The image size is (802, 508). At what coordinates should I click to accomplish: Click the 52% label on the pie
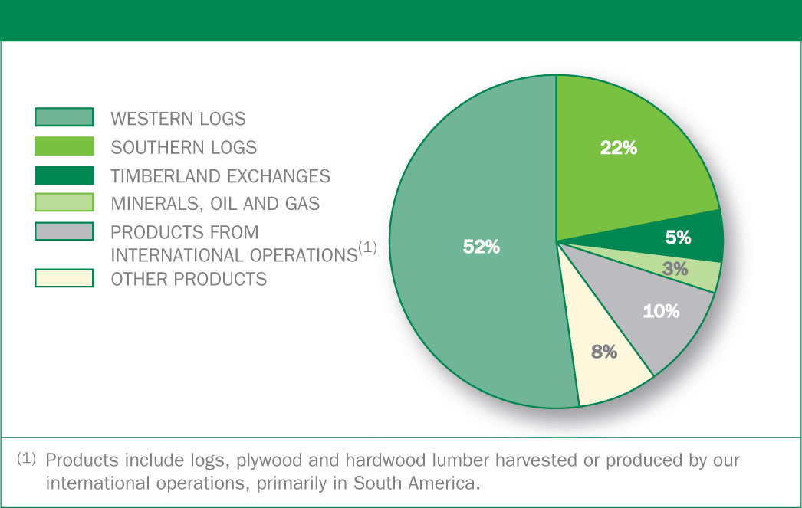[481, 247]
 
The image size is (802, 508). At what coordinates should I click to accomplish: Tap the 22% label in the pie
[619, 148]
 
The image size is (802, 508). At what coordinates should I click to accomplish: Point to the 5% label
[678, 237]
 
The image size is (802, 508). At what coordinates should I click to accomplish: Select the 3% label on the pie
[675, 269]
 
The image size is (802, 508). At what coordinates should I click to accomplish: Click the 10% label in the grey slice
[661, 311]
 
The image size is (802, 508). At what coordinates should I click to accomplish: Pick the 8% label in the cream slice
[604, 352]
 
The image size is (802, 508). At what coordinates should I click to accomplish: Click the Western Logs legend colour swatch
[64, 117]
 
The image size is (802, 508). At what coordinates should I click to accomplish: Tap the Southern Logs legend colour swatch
[64, 146]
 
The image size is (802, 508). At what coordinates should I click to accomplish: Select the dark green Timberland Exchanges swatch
[64, 175]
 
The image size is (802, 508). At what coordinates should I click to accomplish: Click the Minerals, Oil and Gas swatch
[64, 202]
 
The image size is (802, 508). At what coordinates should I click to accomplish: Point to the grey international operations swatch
[64, 231]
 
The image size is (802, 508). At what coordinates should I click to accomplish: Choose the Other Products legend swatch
[64, 278]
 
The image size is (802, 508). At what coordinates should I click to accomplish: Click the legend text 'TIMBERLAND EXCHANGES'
[221, 176]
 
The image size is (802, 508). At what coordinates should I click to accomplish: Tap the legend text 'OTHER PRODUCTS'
[189, 280]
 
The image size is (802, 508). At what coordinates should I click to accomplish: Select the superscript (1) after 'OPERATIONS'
[367, 247]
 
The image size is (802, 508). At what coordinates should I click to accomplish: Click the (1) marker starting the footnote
[26, 458]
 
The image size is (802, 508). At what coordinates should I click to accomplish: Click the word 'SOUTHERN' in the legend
[153, 148]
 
